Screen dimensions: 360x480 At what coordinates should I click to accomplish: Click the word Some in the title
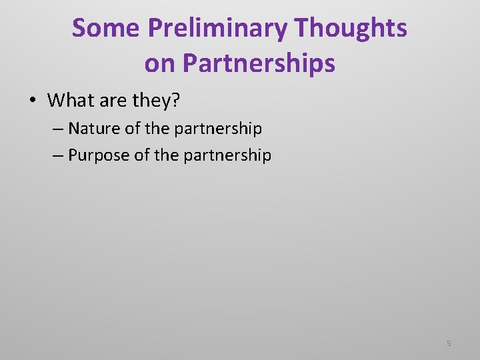107,28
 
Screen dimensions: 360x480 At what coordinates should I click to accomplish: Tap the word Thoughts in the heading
351,28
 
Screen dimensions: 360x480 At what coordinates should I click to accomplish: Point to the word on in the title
160,63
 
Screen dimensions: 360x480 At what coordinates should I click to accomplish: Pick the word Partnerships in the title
259,63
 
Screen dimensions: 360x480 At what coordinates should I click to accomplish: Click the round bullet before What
33,101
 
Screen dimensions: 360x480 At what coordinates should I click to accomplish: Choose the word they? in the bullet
157,101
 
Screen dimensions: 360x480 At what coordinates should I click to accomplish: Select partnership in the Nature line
218,128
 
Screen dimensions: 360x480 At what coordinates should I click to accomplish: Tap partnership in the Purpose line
227,156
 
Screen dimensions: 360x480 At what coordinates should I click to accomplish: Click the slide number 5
449,343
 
